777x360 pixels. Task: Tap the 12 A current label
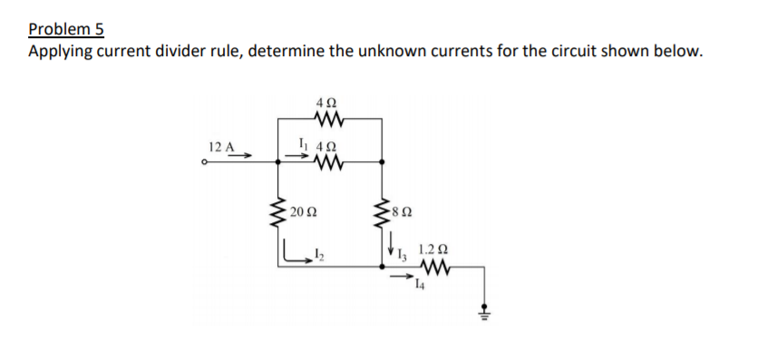[x=221, y=146]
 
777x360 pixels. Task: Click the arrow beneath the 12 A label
[x=238, y=156]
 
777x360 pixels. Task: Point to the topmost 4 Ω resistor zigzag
[x=327, y=118]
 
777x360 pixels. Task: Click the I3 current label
[x=404, y=254]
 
